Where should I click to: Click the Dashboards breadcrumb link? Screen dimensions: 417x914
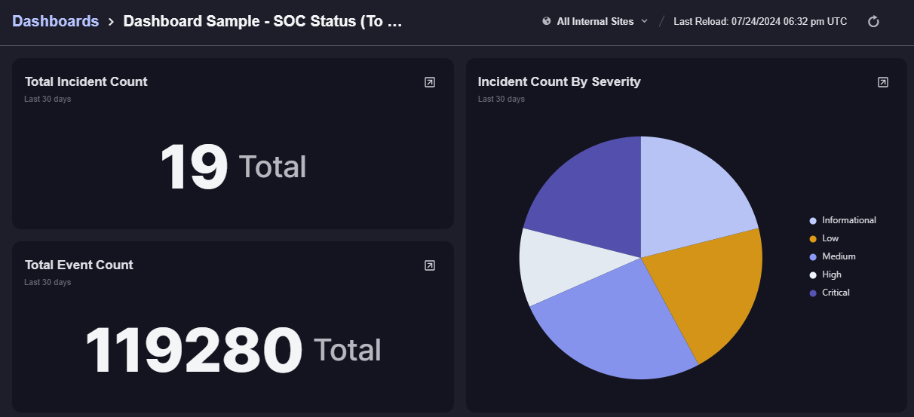pyautogui.click(x=56, y=21)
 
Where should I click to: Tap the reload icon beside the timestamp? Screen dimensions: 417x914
pyautogui.click(x=873, y=21)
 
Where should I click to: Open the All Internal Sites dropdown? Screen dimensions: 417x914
pyautogui.click(x=595, y=21)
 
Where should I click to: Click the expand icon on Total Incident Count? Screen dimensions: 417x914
pyautogui.click(x=430, y=82)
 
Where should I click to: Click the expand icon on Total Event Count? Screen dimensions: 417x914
pyautogui.click(x=430, y=265)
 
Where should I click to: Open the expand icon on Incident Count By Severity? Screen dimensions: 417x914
pyautogui.click(x=883, y=82)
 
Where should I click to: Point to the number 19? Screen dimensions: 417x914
pyautogui.click(x=194, y=167)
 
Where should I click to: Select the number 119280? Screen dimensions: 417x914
pyautogui.click(x=193, y=350)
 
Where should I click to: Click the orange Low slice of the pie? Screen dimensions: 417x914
pyautogui.click(x=709, y=290)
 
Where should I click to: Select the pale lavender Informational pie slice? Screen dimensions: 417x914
pyautogui.click(x=690, y=192)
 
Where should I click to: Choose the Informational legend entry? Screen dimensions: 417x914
pyautogui.click(x=848, y=220)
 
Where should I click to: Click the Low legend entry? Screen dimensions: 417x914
pyautogui.click(x=830, y=238)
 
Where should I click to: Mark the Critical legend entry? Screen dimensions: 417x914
pyautogui.click(x=836, y=293)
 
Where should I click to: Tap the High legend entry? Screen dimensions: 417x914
pyautogui.click(x=832, y=274)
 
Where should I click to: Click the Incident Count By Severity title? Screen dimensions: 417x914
pyautogui.click(x=559, y=81)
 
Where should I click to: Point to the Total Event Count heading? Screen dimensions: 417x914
pyautogui.click(x=79, y=265)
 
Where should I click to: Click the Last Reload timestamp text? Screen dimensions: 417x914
pyautogui.click(x=760, y=21)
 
